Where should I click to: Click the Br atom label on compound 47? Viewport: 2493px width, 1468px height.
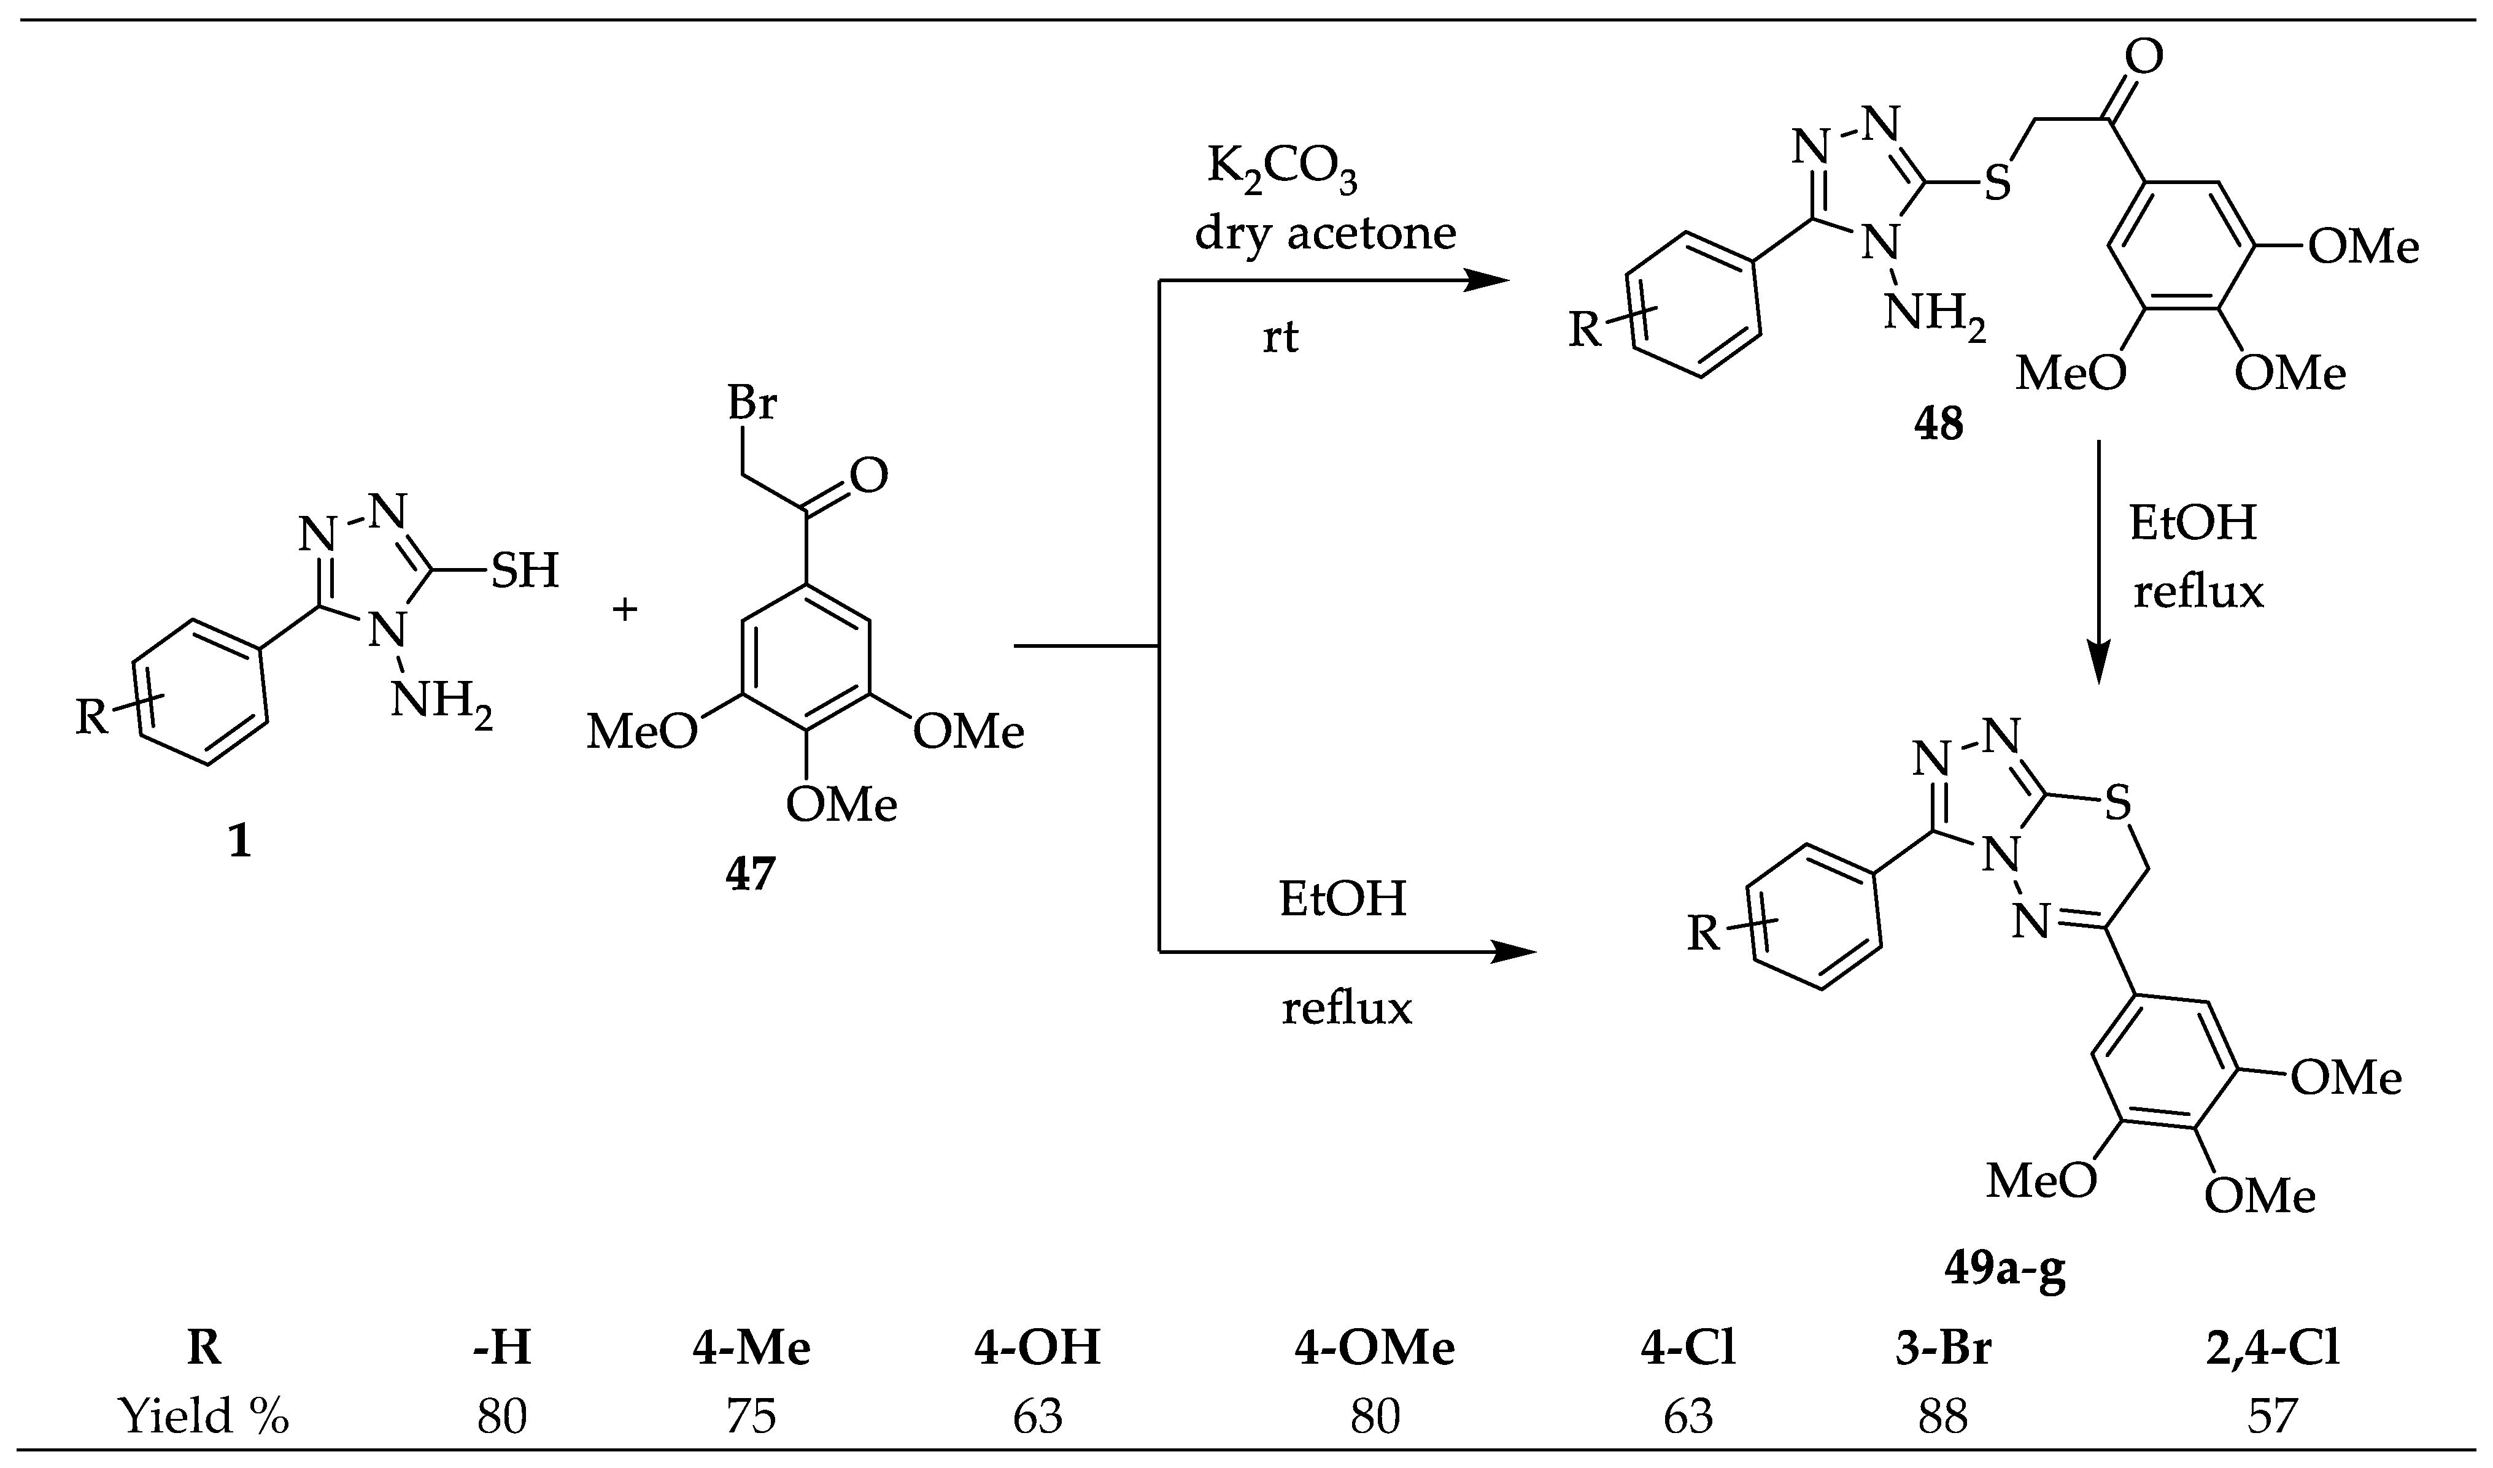pos(752,405)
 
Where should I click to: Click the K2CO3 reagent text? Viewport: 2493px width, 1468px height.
pos(1281,170)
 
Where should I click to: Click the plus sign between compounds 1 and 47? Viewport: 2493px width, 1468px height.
pos(625,609)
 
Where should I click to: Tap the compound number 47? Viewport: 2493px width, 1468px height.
pos(749,875)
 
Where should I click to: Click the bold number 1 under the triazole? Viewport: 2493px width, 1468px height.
pos(239,842)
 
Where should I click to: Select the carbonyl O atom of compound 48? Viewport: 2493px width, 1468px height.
pos(2144,58)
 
